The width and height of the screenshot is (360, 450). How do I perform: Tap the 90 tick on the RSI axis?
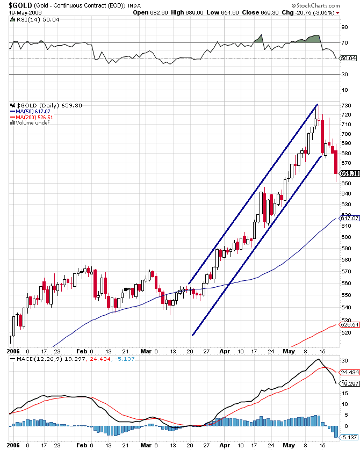(344, 26)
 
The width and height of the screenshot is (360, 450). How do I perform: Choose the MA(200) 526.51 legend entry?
(32, 117)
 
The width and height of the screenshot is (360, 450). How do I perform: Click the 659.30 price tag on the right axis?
(350, 173)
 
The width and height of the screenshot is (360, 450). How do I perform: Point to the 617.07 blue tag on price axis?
(350, 218)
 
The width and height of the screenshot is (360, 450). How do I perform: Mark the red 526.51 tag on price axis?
(350, 324)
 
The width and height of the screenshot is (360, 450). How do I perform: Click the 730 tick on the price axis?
(346, 105)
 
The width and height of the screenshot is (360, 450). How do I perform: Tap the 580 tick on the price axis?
(346, 260)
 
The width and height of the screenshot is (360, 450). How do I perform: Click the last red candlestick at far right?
(336, 162)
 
